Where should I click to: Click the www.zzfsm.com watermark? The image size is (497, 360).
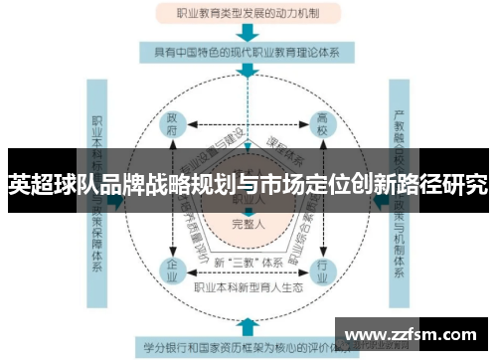point(415,335)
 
